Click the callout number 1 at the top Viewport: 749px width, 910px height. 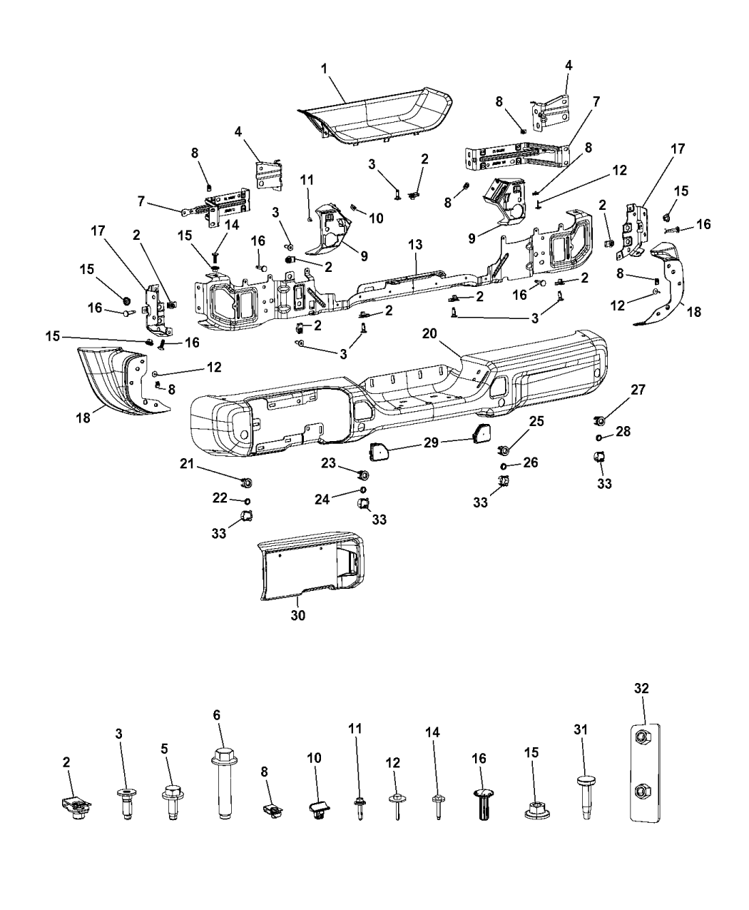point(324,69)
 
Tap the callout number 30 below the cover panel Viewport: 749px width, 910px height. point(297,615)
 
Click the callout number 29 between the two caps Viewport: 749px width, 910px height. point(432,443)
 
